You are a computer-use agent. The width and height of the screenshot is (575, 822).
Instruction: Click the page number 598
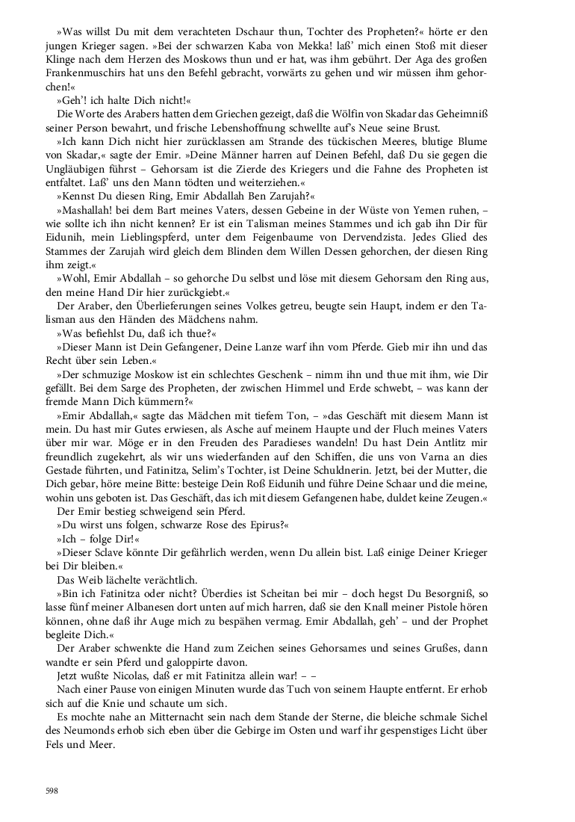[x=52, y=790]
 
